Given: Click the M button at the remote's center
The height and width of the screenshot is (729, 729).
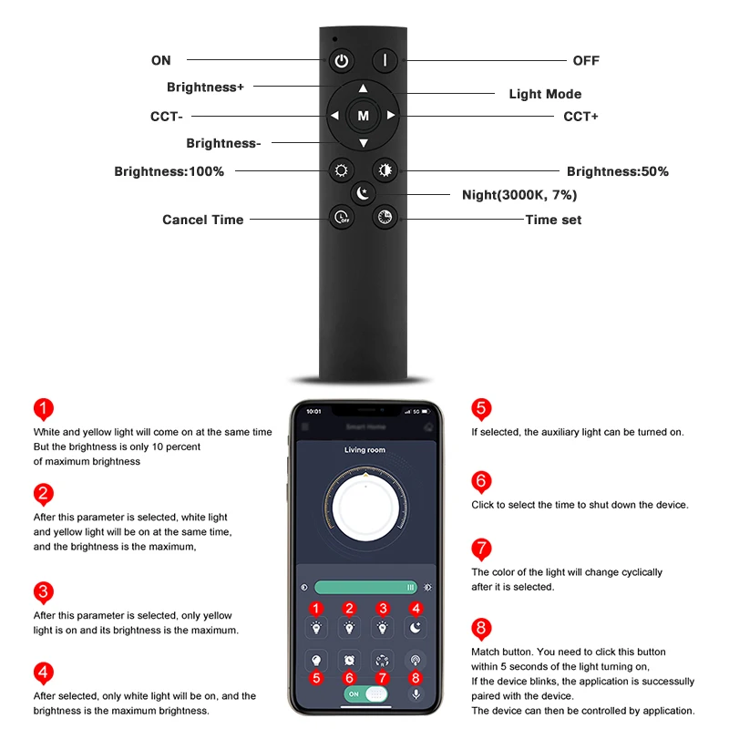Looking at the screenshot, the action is click(x=363, y=116).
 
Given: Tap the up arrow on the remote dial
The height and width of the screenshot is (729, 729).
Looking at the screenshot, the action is click(x=363, y=88).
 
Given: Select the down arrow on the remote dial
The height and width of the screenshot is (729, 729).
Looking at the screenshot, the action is click(x=364, y=143).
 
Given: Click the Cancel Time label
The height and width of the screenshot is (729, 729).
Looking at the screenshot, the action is click(x=202, y=220).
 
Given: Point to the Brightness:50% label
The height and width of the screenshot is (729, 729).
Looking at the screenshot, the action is click(x=618, y=171).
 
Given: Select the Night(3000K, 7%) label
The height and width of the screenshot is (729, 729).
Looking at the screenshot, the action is click(x=519, y=195).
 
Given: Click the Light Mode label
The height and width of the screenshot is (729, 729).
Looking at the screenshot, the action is click(x=545, y=94).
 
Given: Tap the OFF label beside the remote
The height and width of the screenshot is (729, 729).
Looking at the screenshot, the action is click(x=586, y=60).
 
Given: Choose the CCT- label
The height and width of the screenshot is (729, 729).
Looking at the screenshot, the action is click(x=167, y=117).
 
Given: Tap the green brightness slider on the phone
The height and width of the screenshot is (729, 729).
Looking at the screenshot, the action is click(x=365, y=587).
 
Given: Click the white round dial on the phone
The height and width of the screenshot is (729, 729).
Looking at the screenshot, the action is click(x=365, y=508).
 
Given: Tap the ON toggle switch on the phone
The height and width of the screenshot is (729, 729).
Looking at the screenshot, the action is click(x=366, y=694).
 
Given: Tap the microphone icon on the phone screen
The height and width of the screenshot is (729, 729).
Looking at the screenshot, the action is click(x=416, y=694).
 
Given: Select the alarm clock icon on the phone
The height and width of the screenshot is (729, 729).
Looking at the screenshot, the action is click(x=349, y=660).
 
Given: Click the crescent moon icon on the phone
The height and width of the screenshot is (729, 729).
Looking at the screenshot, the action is click(x=416, y=628).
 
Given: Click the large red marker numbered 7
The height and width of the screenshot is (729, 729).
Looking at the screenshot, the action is click(x=481, y=549).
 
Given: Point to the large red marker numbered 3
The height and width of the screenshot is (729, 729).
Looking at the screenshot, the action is click(x=43, y=592).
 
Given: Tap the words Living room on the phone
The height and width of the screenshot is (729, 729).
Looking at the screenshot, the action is click(x=364, y=449).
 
